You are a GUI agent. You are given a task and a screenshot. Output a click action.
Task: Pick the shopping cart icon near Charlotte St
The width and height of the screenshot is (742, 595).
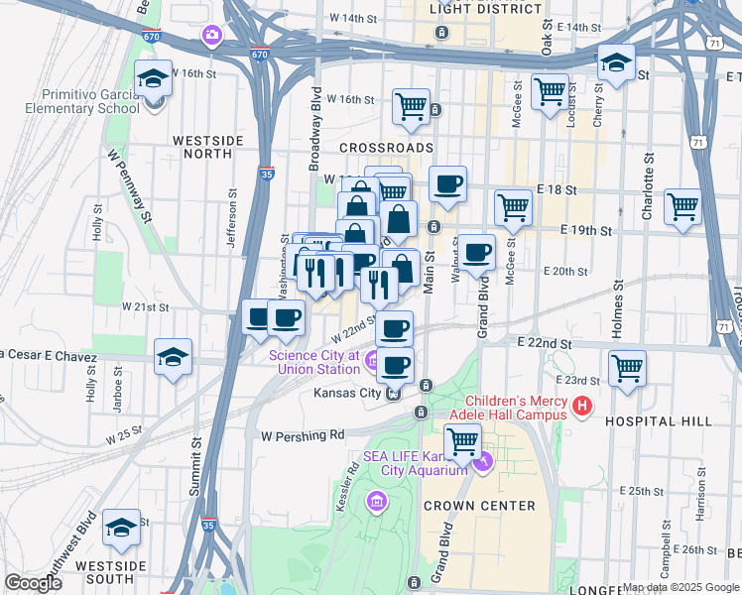point(682,206)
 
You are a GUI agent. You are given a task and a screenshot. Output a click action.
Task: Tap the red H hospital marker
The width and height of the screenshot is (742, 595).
point(581,406)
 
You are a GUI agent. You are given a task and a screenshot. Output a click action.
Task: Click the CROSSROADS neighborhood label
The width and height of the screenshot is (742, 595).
point(386,147)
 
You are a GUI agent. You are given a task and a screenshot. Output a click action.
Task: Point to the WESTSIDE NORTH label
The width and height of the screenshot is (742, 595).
point(207,148)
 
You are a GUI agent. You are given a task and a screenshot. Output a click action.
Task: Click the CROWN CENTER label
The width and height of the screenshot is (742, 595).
point(479,506)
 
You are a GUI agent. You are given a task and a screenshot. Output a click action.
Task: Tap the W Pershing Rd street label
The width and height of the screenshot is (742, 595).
point(302,434)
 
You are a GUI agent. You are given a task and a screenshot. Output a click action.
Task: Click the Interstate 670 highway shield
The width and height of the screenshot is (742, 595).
point(259,54)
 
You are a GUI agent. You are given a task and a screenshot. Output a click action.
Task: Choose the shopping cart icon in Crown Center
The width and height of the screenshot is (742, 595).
point(461,440)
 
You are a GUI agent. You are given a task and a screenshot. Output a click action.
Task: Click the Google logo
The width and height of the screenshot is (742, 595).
point(32,583)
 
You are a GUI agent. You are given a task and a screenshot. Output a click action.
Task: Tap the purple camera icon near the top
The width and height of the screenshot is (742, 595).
point(212,37)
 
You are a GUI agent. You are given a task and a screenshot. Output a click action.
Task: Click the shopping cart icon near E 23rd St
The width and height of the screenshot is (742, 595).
point(627,368)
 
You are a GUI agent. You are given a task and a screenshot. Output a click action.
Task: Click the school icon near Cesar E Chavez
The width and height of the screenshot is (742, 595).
point(173,357)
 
